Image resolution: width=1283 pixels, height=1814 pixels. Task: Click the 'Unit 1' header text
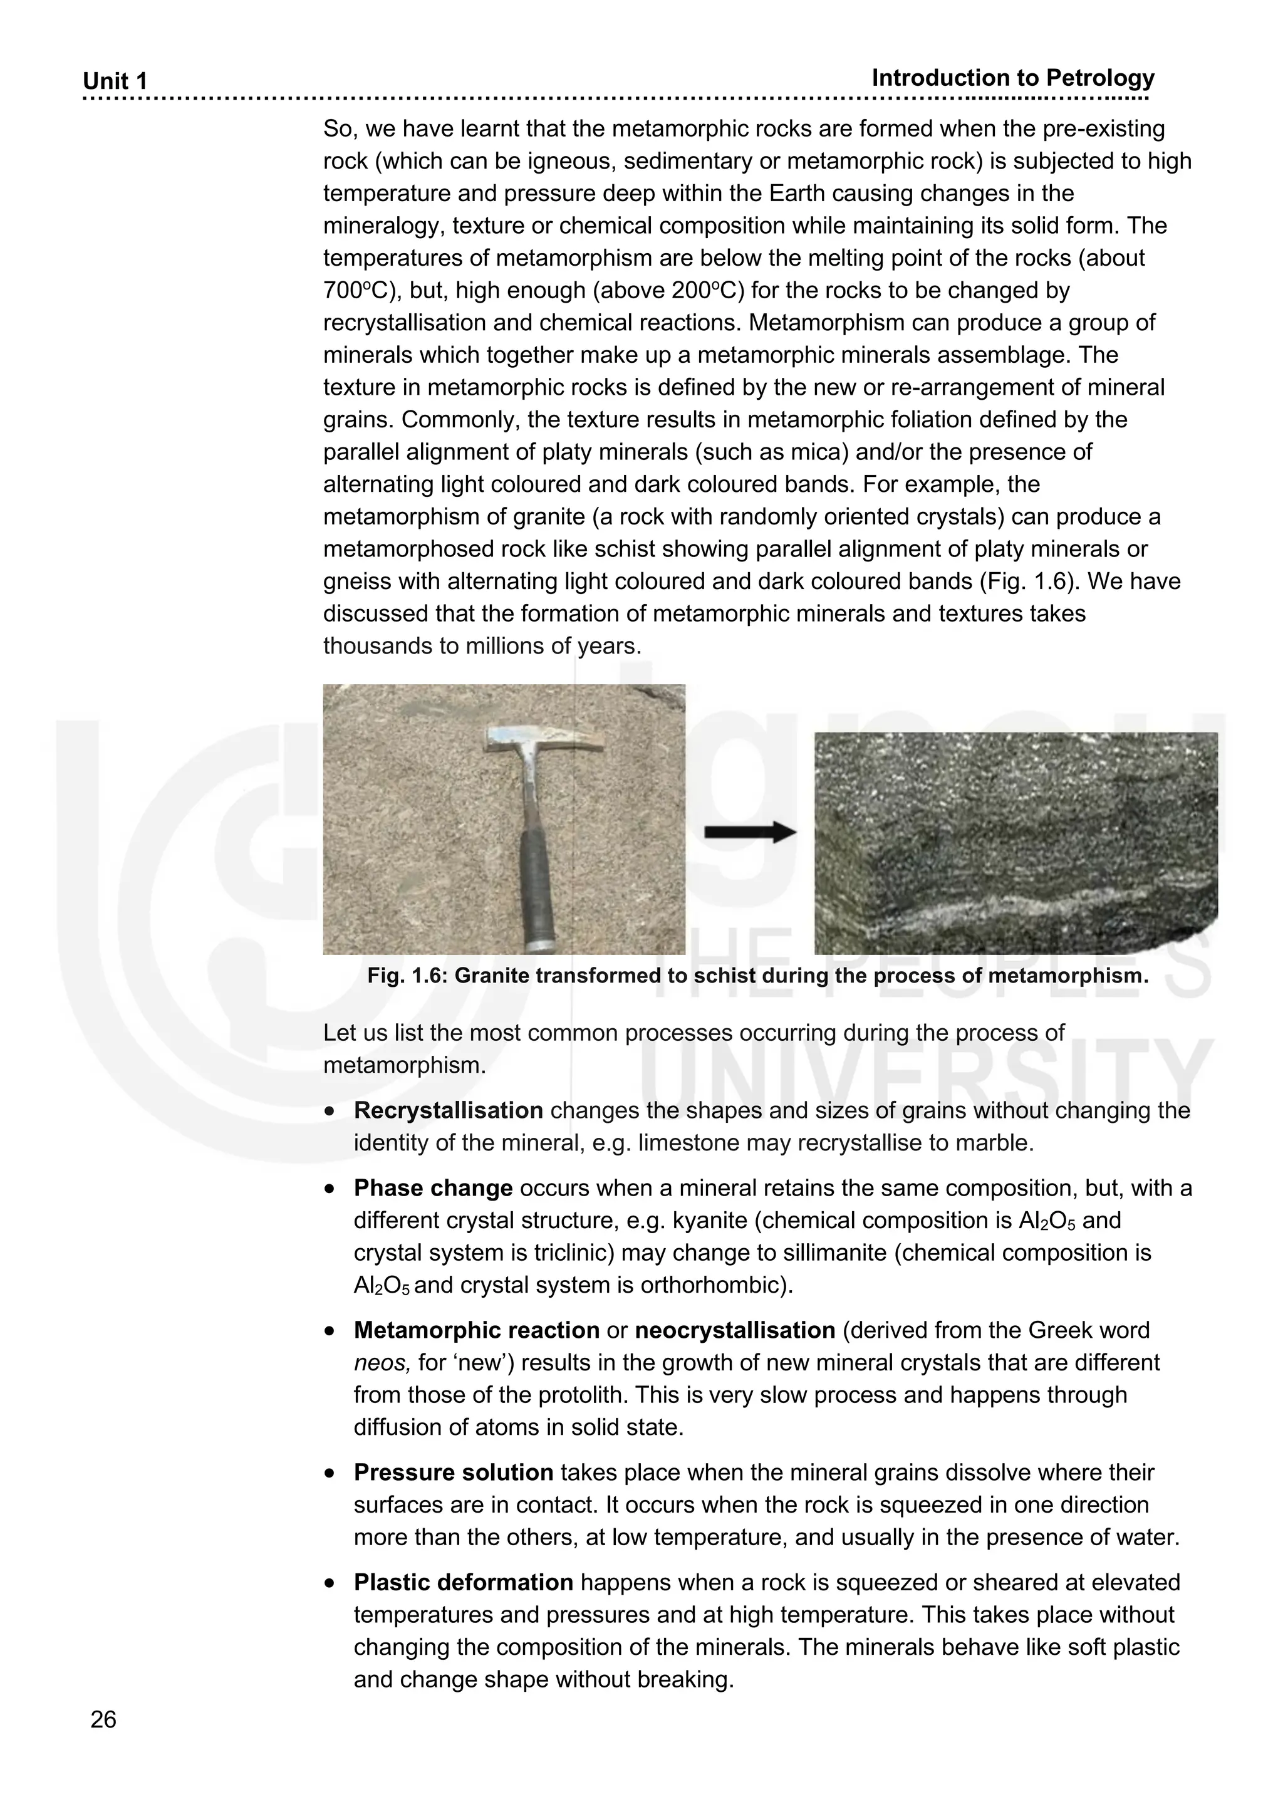(x=115, y=81)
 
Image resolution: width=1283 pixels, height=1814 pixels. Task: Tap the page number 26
(x=103, y=1719)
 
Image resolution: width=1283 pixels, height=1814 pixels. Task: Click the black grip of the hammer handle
(x=539, y=885)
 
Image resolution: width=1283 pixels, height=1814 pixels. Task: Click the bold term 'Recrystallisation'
(x=448, y=1110)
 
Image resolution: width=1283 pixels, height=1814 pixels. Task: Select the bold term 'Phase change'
(x=433, y=1188)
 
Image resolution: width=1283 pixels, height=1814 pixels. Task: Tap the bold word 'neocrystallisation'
(x=735, y=1330)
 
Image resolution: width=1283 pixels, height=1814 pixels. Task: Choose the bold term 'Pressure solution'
(x=453, y=1473)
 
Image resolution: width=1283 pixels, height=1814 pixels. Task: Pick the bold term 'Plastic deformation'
(x=463, y=1583)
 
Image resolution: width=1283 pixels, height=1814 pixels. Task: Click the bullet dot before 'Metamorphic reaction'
(x=330, y=1332)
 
